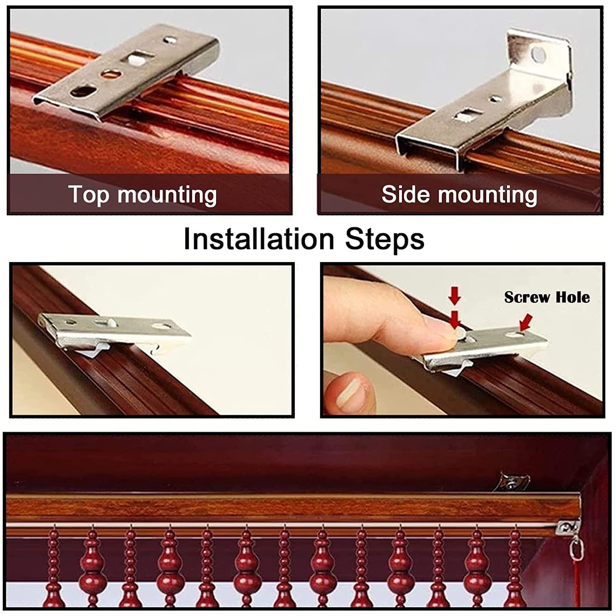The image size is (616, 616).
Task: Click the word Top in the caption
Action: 89,194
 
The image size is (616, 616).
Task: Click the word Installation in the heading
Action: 259,239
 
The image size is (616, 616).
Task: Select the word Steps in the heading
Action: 385,239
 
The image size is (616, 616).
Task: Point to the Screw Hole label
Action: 547,297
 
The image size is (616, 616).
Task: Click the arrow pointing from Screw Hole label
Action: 526,322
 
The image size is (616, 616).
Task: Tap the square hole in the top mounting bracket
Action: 134,59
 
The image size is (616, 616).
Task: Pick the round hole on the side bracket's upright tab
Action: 539,54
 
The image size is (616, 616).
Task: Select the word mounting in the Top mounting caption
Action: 167,195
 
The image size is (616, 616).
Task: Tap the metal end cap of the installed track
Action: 568,526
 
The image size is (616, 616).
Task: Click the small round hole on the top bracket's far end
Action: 170,39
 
